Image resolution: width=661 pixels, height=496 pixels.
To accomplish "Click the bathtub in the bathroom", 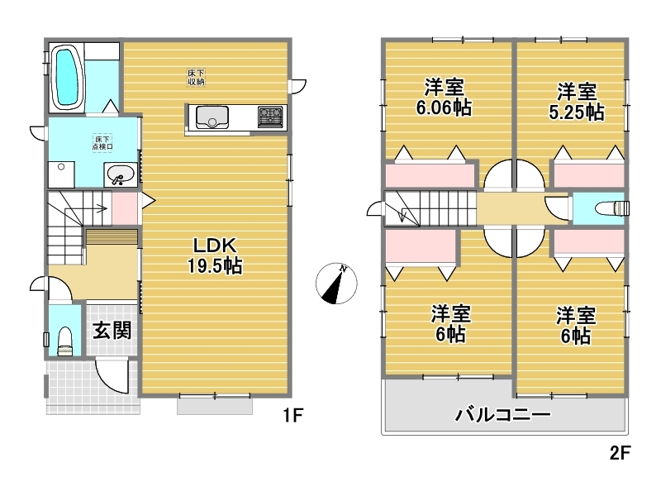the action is (68, 78).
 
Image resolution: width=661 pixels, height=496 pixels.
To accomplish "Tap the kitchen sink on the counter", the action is (212, 117).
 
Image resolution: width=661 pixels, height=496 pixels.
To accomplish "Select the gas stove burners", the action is (270, 117).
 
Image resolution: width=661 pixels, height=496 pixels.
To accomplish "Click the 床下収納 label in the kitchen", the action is (196, 77).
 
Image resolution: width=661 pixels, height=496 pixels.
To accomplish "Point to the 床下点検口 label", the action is (102, 142).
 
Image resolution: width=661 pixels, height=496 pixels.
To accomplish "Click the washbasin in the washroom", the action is (121, 174).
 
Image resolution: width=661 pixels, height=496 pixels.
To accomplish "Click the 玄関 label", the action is (112, 330).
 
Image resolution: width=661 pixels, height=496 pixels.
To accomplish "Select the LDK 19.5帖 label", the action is (215, 255).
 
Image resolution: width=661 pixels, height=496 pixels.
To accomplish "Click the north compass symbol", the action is (336, 284).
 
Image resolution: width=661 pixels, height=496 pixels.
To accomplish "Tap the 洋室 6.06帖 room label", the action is (444, 98).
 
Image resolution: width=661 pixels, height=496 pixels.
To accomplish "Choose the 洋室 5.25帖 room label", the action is (577, 102).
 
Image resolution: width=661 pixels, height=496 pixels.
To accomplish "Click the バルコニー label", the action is (502, 415).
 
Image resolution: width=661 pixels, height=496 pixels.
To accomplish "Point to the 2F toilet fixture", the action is (611, 208).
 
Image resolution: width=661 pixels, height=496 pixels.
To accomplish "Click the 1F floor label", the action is (293, 416).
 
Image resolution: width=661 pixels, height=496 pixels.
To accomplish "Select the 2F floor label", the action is (621, 453).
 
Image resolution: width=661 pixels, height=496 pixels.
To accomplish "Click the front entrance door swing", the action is (111, 376).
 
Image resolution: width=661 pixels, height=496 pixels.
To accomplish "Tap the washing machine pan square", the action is (61, 174).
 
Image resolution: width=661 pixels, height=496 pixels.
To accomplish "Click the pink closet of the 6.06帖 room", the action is (430, 175).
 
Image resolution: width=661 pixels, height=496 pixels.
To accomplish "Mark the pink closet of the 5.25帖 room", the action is (589, 175).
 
